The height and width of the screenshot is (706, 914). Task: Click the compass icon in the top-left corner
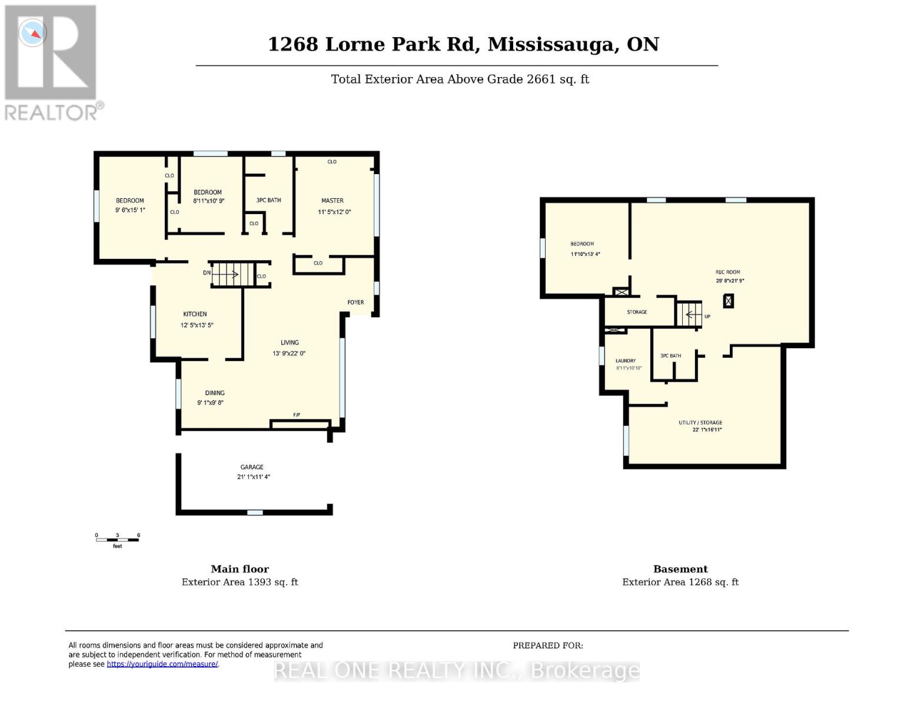[x=32, y=33]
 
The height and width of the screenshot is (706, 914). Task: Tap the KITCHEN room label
[x=195, y=314]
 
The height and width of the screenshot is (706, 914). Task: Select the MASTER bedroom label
[x=333, y=201]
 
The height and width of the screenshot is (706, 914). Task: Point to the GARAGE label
[x=252, y=467]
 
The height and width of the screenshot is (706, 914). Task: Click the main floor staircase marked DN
[x=232, y=275]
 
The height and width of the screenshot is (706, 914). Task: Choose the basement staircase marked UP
[x=689, y=314]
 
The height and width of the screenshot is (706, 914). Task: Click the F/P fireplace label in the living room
[x=297, y=415]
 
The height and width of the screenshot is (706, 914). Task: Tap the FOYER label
[x=355, y=302]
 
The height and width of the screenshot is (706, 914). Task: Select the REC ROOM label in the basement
[x=727, y=272]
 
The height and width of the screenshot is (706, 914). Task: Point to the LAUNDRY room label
[x=626, y=361]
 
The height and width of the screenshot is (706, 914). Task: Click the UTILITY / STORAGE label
[x=700, y=422]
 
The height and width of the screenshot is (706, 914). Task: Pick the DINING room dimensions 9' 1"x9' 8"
[x=210, y=402]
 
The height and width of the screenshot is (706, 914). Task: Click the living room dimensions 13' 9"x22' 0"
[x=289, y=353]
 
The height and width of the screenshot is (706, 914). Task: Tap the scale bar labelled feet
[x=117, y=540]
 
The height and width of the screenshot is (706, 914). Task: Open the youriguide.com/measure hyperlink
[x=162, y=664]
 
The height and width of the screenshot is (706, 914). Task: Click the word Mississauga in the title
[x=553, y=45]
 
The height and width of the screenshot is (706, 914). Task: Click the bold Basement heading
[x=680, y=569]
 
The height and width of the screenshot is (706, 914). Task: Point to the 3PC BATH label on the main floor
[x=268, y=200]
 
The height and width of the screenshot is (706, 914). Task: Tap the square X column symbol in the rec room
[x=729, y=301]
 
